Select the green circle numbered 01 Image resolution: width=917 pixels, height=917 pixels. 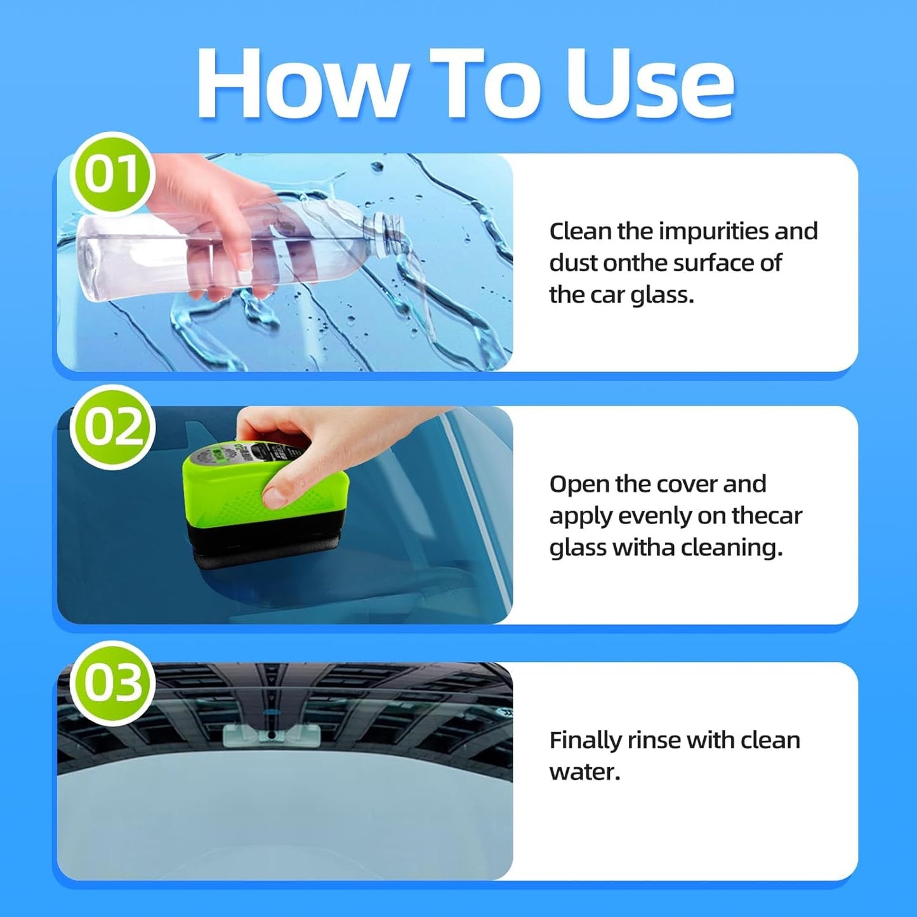pos(112,174)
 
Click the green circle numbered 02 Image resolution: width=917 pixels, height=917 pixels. pos(112,426)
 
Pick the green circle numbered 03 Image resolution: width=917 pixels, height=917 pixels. pos(112,683)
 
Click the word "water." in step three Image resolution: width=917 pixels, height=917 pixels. pos(584,772)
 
